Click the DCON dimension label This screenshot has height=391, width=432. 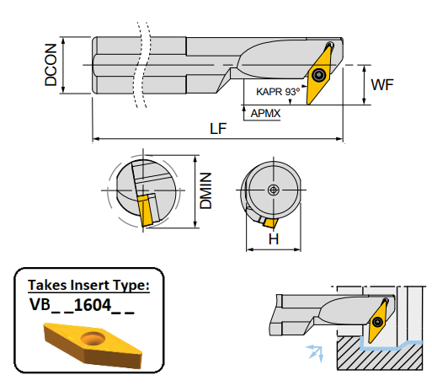(53, 66)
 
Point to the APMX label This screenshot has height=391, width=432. (265, 110)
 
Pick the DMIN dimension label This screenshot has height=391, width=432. (205, 191)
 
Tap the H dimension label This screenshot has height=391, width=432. (273, 239)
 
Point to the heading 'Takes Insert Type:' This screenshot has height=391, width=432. (88, 285)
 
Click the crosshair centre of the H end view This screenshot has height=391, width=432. (273, 190)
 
